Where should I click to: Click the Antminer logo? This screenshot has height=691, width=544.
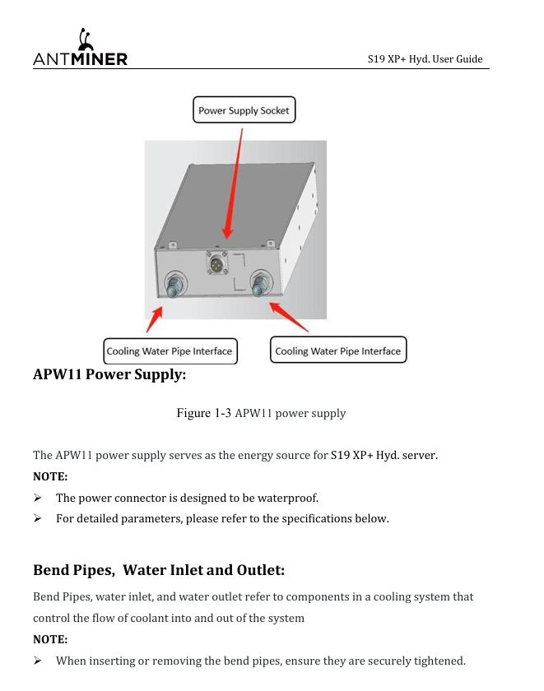pos(80,48)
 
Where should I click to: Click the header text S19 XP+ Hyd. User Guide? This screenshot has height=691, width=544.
pos(425,59)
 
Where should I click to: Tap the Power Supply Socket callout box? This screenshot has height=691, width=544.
pos(244,109)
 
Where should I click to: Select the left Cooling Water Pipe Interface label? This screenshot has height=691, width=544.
pos(170,351)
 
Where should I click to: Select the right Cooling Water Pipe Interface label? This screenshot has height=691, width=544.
pos(338,350)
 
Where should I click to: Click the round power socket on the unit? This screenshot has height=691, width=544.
pos(216,263)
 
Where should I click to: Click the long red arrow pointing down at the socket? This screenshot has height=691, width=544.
pos(234,183)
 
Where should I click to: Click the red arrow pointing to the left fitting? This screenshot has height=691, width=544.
pos(154,319)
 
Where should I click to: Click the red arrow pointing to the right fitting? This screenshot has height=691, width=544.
pos(288,317)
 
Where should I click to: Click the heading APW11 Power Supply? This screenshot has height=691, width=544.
pos(109,374)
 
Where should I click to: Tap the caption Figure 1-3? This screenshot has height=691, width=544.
pos(203,413)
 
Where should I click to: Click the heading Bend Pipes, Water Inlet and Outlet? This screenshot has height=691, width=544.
pos(159,570)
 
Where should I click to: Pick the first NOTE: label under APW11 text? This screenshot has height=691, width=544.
pos(50,476)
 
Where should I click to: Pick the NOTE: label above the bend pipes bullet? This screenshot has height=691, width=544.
pos(50,639)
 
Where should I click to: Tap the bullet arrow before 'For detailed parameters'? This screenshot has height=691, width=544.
pos(38,518)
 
